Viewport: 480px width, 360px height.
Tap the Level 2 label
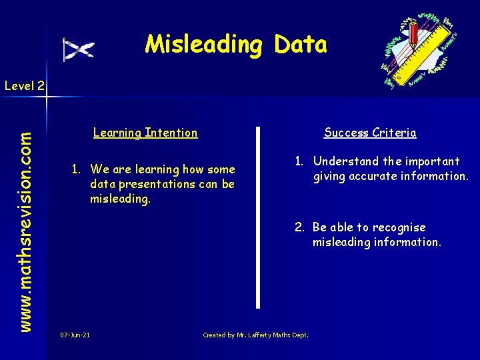tap(24, 85)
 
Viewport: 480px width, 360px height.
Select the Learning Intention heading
tap(145, 133)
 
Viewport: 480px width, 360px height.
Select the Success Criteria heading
tap(370, 133)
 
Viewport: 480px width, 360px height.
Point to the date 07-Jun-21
tap(75, 335)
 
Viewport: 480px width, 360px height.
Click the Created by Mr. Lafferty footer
tap(255, 335)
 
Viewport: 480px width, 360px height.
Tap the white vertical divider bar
tap(259, 217)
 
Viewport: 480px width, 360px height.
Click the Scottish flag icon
tap(79, 49)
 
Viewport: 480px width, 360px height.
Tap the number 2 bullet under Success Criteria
tap(300, 227)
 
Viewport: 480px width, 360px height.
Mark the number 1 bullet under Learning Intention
tap(77, 169)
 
